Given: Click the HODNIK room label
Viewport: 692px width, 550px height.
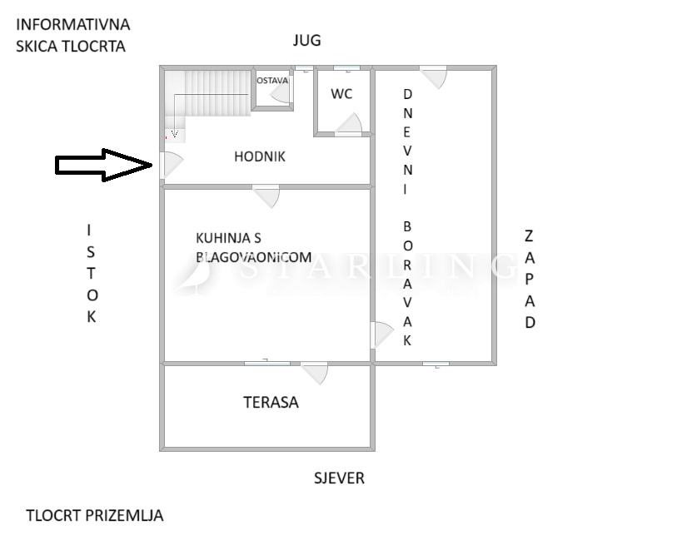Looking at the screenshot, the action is pos(260,156).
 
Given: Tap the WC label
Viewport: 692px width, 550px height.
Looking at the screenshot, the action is pos(341,93).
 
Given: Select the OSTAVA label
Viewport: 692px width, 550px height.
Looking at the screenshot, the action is pos(272,81).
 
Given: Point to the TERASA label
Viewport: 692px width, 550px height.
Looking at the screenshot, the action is pos(271,402).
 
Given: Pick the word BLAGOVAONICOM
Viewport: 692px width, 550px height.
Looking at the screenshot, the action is pos(254,257).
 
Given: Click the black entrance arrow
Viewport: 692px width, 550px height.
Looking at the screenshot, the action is pos(104,165).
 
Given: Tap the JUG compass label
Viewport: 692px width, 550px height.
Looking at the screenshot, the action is pos(306,41).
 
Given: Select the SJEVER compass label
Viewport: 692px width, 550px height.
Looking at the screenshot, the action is pos(339,478).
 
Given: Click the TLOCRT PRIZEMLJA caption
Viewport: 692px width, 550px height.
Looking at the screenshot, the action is pos(94,516).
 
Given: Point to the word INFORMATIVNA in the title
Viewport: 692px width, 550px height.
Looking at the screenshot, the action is pos(72,25).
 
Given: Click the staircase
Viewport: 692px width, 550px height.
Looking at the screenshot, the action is pos(207,102).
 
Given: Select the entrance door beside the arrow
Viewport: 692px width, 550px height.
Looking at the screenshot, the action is pos(172,165).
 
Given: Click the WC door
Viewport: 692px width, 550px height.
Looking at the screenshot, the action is pos(349,124).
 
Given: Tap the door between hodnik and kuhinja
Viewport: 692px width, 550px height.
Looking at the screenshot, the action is pos(266,196).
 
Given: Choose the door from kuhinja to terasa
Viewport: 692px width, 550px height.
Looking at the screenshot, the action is pos(314,373).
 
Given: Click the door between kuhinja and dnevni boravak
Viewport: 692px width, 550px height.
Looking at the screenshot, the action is pos(381,335).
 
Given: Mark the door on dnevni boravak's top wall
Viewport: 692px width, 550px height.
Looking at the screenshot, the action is pos(433,77).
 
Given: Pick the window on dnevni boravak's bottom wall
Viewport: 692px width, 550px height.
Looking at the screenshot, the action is pos(436,364).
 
